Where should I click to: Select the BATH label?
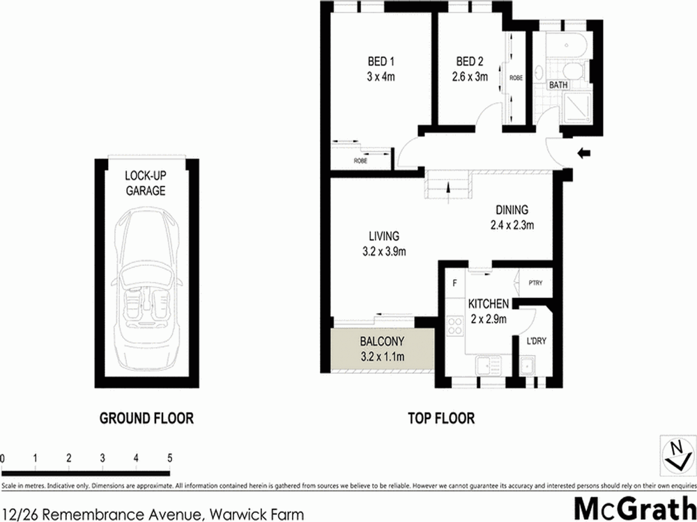pos(558,85)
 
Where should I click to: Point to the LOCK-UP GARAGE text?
pos(146,183)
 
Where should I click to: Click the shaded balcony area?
pos(383,350)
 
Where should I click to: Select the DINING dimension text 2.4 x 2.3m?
pos(512,225)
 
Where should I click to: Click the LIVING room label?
pos(384,237)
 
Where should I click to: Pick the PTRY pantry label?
pos(535,283)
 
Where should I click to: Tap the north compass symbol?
pos(673,454)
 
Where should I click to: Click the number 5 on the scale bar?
pos(169,458)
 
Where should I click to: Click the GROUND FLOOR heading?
pos(146,418)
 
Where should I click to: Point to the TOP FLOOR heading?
pos(441,418)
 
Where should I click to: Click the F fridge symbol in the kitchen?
pos(454,283)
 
